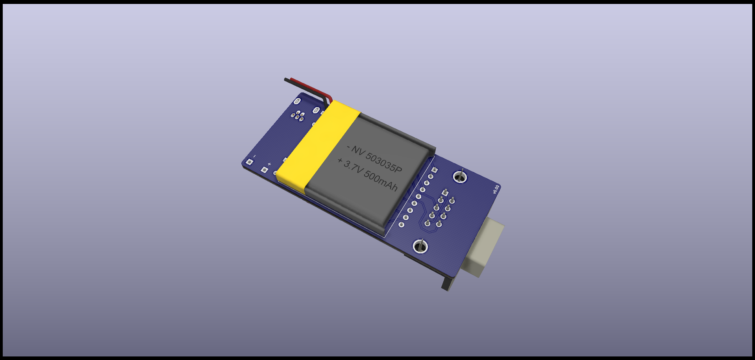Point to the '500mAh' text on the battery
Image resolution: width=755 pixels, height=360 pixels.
(380, 181)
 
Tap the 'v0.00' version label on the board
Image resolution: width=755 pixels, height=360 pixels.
(496, 189)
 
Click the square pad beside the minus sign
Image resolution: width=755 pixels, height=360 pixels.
(249, 162)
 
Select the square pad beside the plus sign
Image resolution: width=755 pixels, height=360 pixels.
(265, 170)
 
